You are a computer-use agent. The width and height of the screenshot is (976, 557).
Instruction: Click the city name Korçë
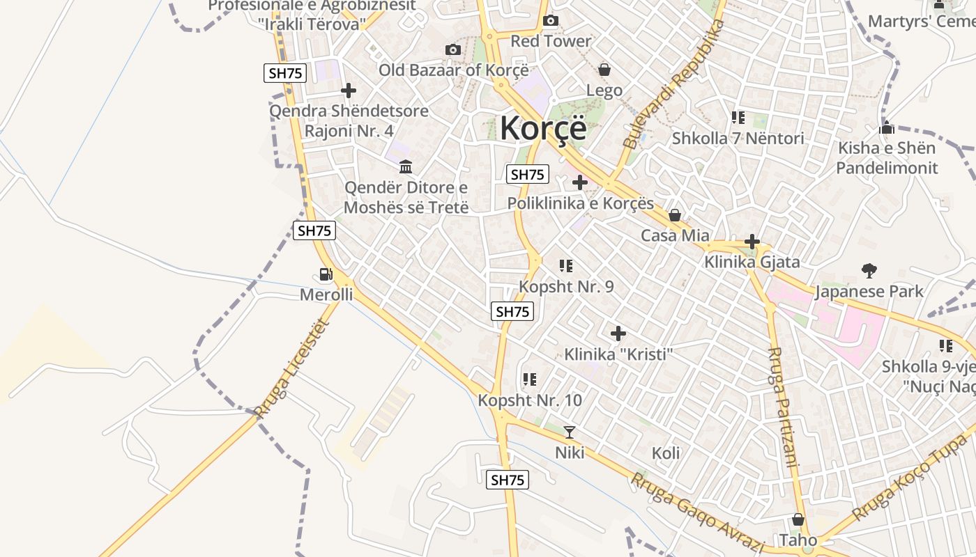coord(543,129)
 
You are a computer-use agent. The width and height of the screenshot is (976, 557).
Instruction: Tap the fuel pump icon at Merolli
coord(326,274)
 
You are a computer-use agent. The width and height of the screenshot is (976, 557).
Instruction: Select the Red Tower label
coord(551,41)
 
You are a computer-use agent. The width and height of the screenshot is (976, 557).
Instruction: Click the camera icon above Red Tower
coord(551,20)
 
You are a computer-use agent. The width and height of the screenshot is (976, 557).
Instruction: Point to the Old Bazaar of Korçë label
coord(454,70)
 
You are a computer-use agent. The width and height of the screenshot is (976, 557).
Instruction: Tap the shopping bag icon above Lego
coord(604,70)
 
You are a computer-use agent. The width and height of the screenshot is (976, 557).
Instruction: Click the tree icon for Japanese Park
coord(869,270)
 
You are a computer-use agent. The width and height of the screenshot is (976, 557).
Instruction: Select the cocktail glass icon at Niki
coord(570,432)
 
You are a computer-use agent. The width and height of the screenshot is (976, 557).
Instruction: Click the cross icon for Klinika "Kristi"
coord(618,334)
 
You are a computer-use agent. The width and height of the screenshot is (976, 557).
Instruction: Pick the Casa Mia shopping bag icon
coord(674,215)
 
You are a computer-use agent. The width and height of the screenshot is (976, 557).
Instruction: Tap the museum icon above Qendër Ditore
coord(406,167)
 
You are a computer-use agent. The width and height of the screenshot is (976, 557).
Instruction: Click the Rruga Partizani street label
coord(784,407)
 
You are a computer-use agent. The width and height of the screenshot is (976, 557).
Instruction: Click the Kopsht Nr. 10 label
coord(530,400)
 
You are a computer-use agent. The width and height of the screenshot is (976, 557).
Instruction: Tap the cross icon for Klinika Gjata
coord(752,242)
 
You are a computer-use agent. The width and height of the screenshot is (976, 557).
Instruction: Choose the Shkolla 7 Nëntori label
coord(738,138)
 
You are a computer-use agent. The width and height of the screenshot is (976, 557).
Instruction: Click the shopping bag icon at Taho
coord(798,519)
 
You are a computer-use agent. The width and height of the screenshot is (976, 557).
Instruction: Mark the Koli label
coord(666,453)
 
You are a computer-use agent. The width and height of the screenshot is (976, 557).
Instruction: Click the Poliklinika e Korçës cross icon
coord(579,182)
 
